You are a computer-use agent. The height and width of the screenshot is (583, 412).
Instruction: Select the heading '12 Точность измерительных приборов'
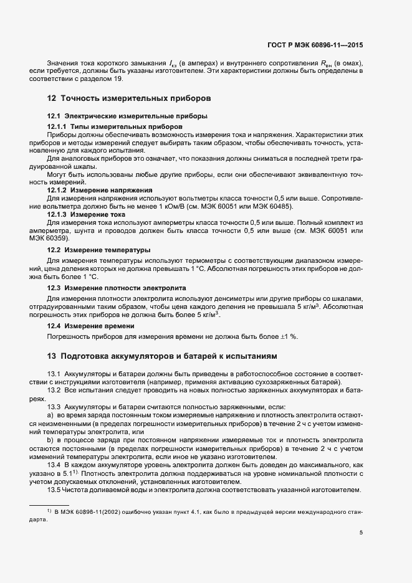130,98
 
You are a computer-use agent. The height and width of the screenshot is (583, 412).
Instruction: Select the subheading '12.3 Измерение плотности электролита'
115,288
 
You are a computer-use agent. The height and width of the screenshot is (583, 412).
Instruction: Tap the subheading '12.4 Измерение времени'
91,326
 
